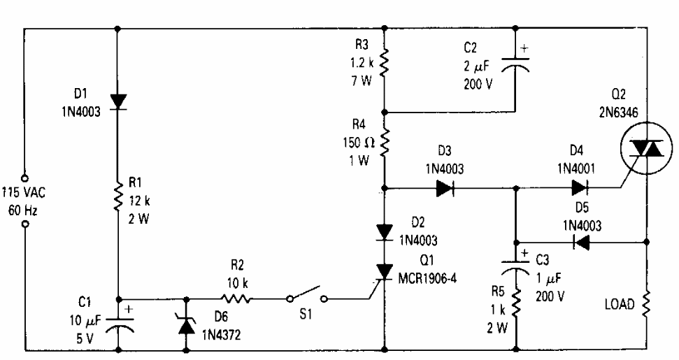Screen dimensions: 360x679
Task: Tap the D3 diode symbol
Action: (445, 187)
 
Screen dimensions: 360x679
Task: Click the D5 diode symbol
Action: (580, 243)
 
